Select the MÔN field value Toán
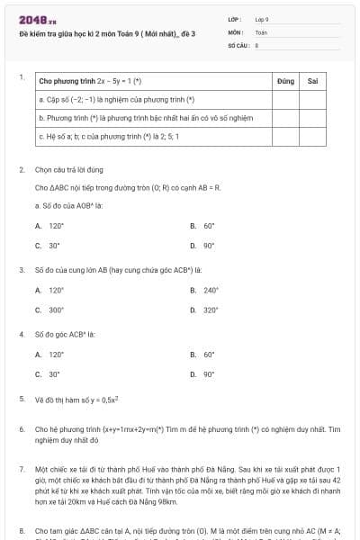pos(261,31)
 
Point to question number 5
pos(22,398)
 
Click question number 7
pos(22,470)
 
